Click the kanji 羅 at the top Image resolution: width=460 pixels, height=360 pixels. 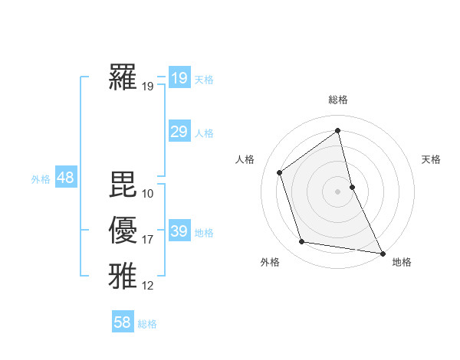pyautogui.click(x=123, y=77)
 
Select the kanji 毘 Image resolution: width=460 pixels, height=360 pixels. pyautogui.click(x=123, y=185)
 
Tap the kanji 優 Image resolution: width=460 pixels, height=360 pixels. pyautogui.click(x=123, y=231)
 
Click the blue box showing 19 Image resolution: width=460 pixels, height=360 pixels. pyautogui.click(x=179, y=78)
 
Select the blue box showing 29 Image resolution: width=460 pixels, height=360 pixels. pyautogui.click(x=179, y=132)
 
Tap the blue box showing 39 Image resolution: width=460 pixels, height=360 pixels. pyautogui.click(x=179, y=231)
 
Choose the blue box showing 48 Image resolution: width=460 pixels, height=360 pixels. pyautogui.click(x=65, y=178)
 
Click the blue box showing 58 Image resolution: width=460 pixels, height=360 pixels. pyautogui.click(x=123, y=322)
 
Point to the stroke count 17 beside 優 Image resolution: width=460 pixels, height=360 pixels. pyautogui.click(x=148, y=240)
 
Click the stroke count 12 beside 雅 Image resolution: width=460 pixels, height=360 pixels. pyautogui.click(x=148, y=286)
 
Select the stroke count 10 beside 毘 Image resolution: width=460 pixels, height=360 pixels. pyautogui.click(x=148, y=194)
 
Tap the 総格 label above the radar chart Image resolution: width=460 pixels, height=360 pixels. pyautogui.click(x=338, y=100)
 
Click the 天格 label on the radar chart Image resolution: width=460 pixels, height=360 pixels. pyautogui.click(x=431, y=159)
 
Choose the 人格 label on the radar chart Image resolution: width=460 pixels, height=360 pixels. pyautogui.click(x=245, y=159)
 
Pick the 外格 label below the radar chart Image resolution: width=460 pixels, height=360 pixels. pyautogui.click(x=270, y=263)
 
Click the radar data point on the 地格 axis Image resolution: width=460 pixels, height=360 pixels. pyautogui.click(x=383, y=252)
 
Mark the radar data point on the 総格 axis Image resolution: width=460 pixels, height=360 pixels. pyautogui.click(x=338, y=130)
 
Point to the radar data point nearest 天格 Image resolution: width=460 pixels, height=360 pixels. pyautogui.click(x=353, y=186)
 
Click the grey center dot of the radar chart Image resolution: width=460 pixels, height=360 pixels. pyautogui.click(x=338, y=191)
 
